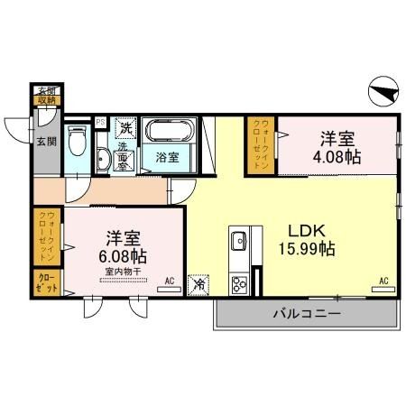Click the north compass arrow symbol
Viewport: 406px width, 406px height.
click(382, 90)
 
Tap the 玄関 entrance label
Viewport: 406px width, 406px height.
click(43, 139)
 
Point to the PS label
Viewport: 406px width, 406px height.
click(100, 122)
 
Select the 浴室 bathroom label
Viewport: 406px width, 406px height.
click(168, 157)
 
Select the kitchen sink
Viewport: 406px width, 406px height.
click(239, 242)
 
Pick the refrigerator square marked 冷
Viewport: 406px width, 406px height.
click(199, 282)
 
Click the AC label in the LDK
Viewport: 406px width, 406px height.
click(384, 281)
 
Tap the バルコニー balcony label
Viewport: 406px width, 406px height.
click(306, 315)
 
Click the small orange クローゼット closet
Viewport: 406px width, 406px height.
click(48, 281)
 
